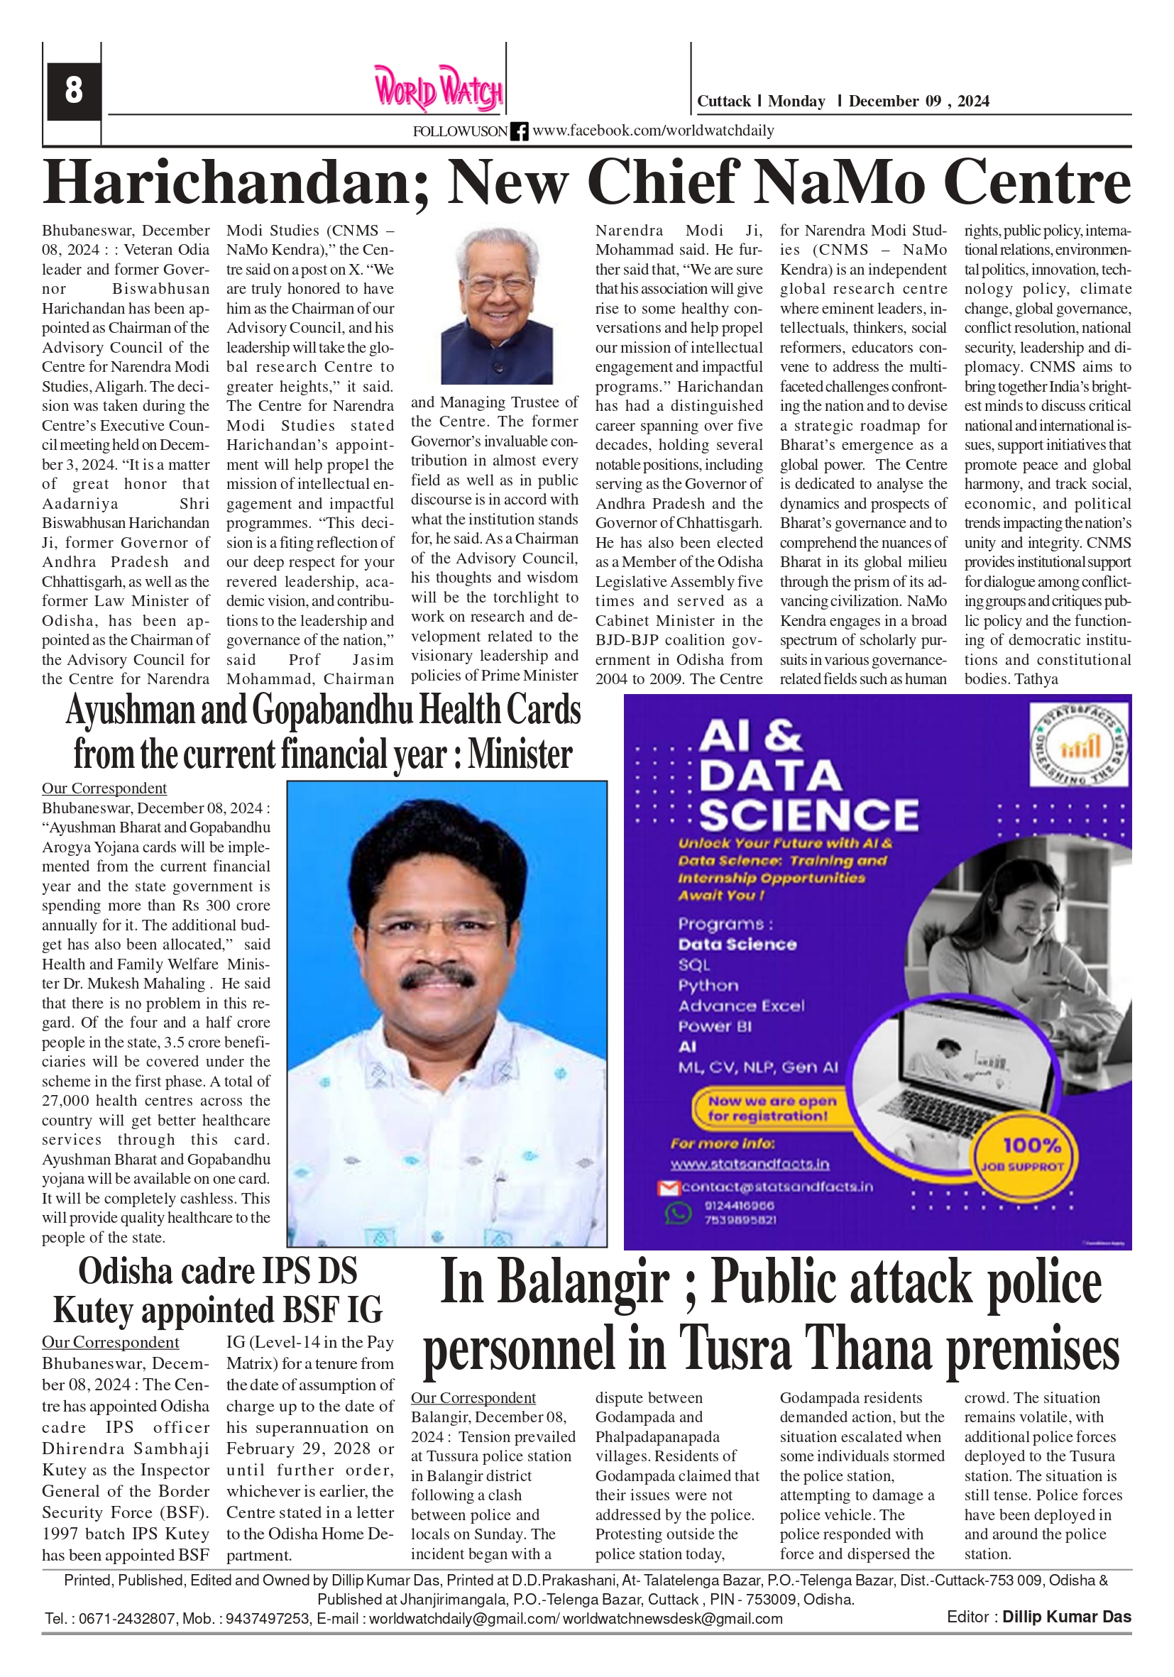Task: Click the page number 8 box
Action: (x=73, y=91)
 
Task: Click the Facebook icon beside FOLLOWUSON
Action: (x=519, y=131)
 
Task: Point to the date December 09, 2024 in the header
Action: (x=918, y=101)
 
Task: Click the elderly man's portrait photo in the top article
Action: (x=496, y=306)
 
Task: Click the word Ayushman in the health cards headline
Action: (x=131, y=710)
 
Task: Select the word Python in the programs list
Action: (x=708, y=985)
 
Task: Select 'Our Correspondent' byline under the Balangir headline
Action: (x=473, y=1397)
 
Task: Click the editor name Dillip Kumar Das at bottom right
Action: (x=1066, y=1617)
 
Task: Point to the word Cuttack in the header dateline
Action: (x=723, y=101)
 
